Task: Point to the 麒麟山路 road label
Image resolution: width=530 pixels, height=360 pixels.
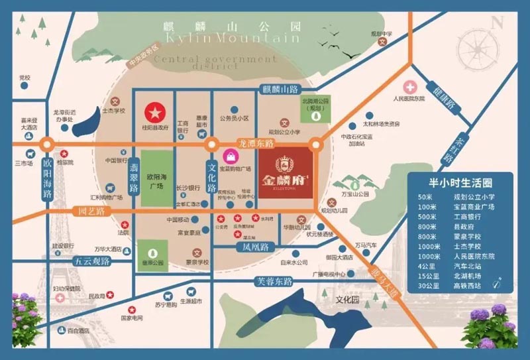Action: pos(280,89)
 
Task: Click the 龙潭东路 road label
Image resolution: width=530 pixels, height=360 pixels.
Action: pos(256,142)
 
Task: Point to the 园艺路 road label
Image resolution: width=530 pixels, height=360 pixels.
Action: pos(91,212)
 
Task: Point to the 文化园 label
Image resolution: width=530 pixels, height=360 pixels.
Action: pos(346,299)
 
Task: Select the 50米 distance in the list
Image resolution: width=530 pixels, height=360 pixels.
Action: pos(427,198)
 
